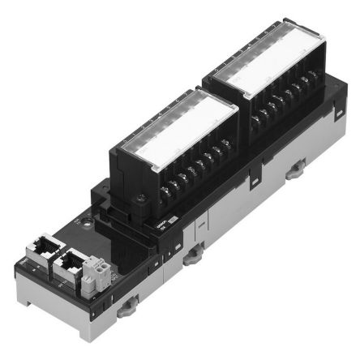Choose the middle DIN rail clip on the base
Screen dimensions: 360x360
[192, 259]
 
